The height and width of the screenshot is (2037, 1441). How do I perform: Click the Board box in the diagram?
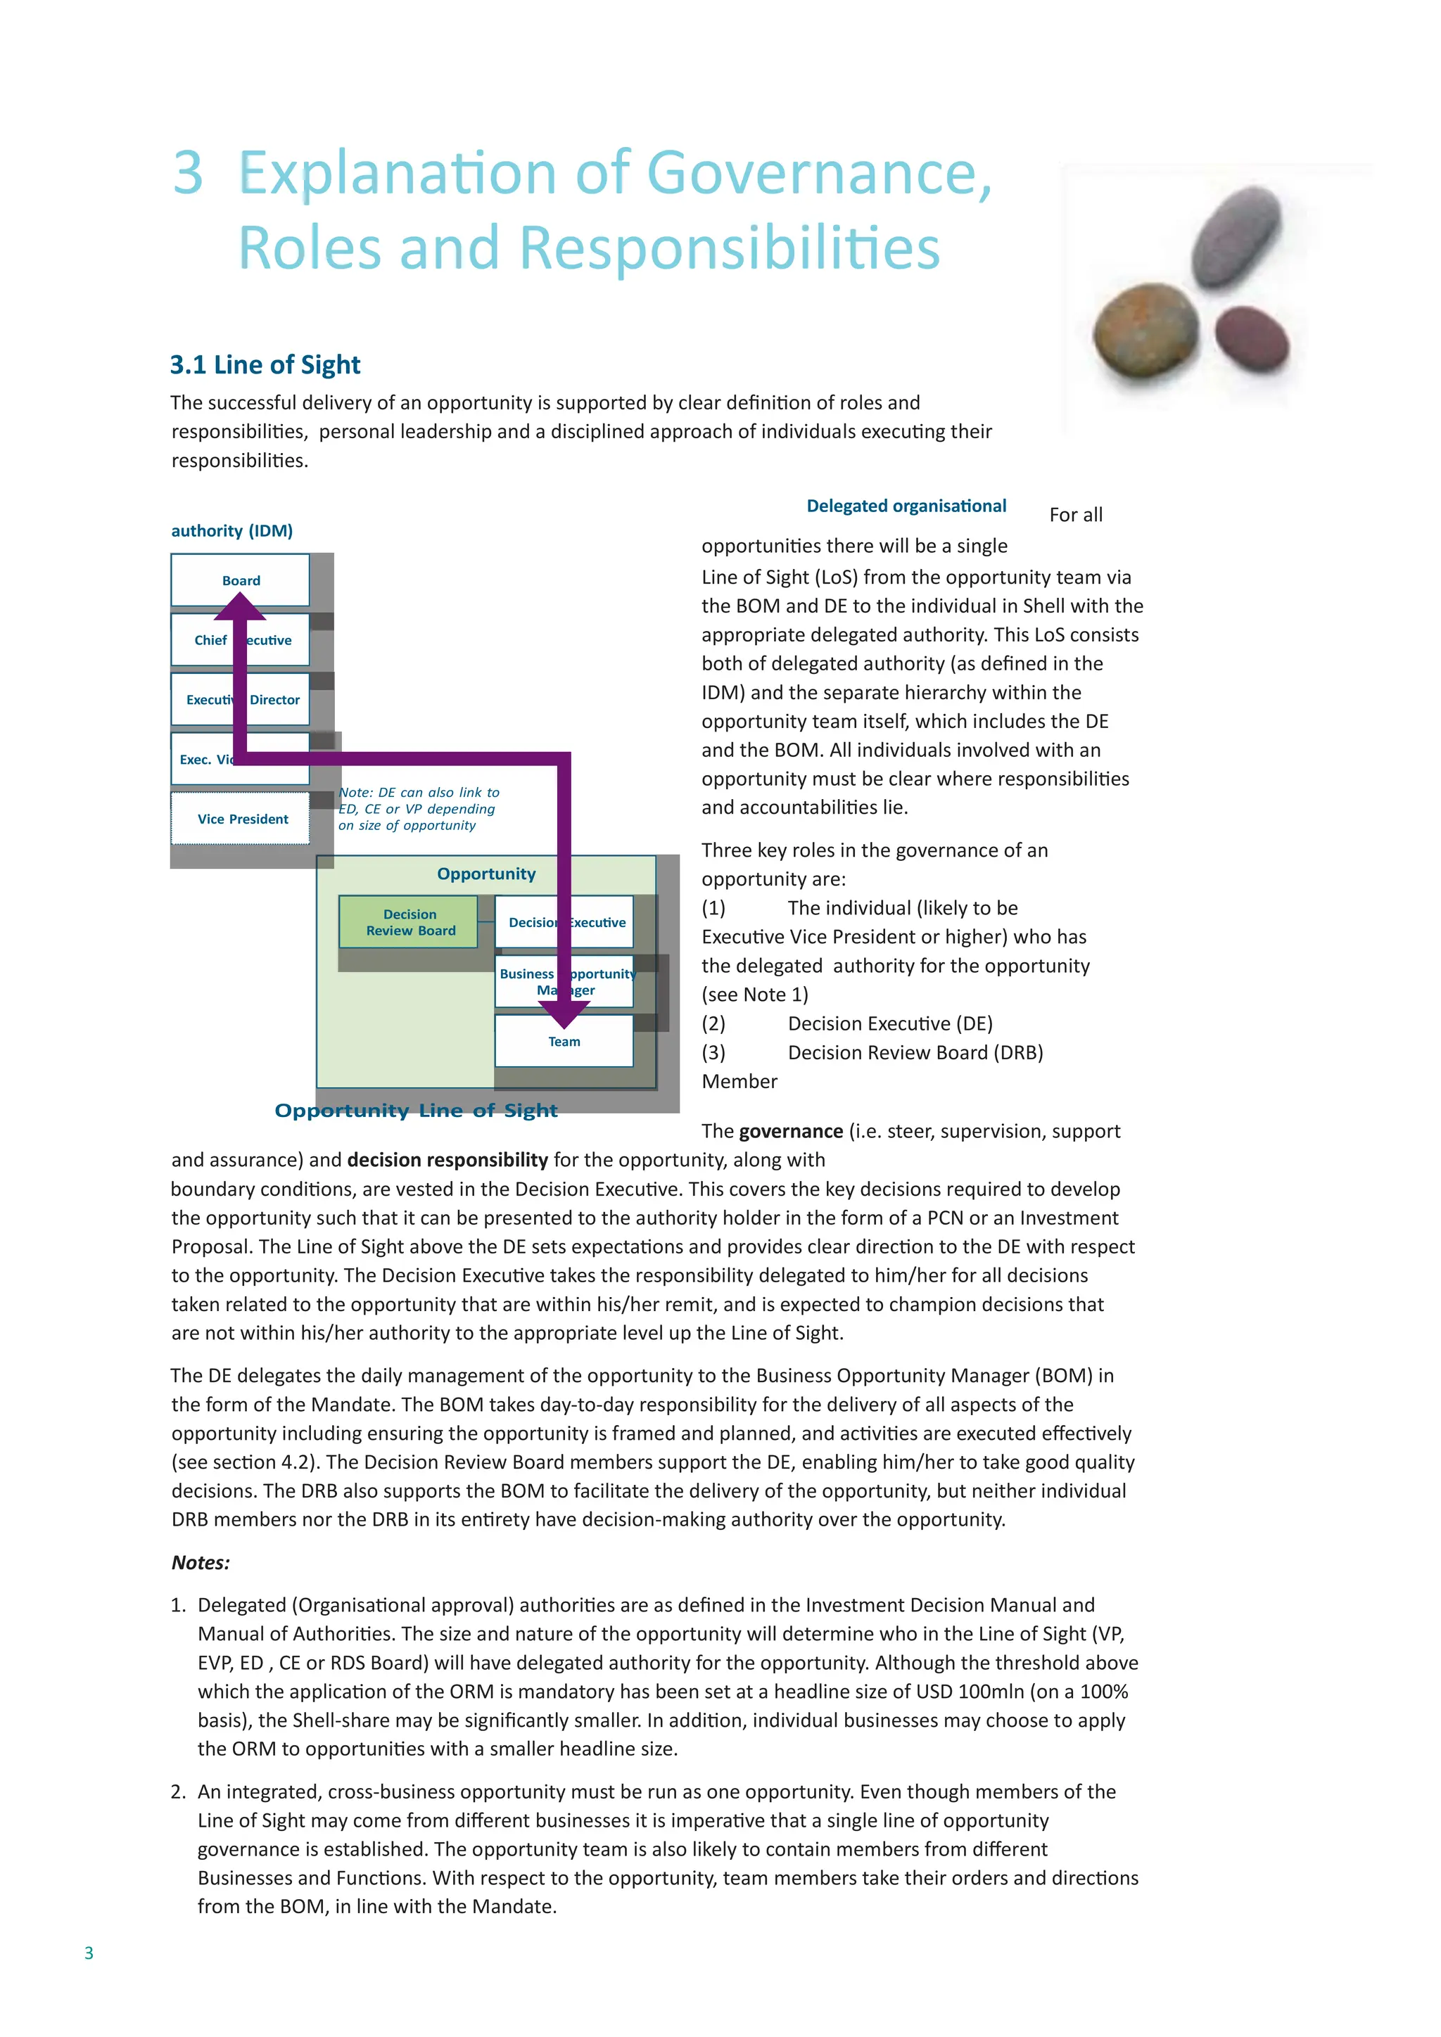coord(241,580)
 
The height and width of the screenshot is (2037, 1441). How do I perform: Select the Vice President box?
coord(241,818)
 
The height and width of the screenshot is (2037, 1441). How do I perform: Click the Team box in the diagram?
coord(564,1042)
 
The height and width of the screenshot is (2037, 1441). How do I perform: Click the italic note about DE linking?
coord(418,808)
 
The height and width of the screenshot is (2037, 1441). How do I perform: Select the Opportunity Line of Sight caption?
coord(415,1110)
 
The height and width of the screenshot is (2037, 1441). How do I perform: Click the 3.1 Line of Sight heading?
coord(265,364)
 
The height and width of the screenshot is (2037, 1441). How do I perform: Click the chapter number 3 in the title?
coord(188,172)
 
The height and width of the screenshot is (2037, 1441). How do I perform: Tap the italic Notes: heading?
coord(201,1562)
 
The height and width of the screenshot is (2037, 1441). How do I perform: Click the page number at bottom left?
coord(89,1952)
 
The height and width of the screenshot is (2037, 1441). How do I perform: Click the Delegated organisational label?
coord(906,506)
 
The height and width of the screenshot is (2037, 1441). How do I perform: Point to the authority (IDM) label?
coord(231,530)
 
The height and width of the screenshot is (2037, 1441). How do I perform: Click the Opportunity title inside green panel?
coord(486,873)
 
